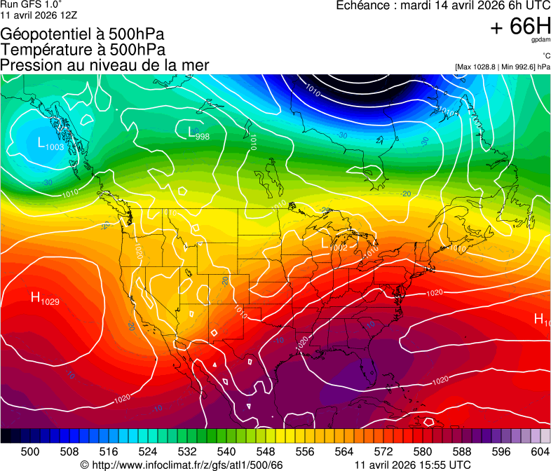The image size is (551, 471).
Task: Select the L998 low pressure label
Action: (198, 133)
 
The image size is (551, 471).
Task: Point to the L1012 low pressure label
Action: (334, 245)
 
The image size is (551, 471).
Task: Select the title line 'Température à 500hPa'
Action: (83, 50)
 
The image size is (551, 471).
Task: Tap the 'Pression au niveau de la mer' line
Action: (104, 65)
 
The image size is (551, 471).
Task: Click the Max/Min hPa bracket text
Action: (502, 67)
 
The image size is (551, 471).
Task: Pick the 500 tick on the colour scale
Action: (30, 452)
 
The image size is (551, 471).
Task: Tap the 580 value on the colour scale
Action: (422, 452)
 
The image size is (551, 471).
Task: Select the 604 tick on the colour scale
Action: (539, 452)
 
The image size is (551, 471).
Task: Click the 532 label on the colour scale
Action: (187, 452)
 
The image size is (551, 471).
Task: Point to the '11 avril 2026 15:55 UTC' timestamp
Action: (413, 465)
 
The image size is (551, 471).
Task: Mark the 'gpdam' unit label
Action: (540, 40)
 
